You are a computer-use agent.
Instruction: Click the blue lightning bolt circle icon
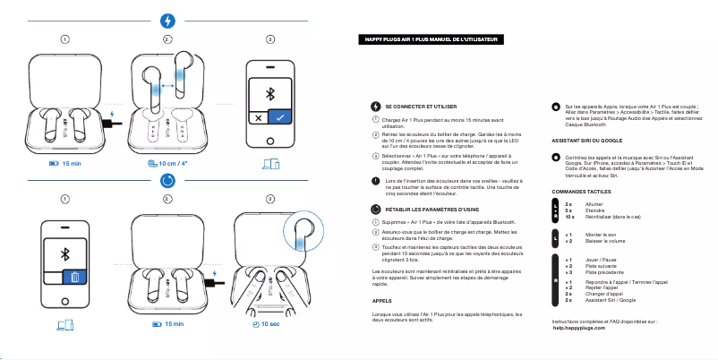click(167, 21)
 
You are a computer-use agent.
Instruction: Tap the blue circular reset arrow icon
click(167, 181)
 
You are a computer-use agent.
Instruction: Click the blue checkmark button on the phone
click(280, 118)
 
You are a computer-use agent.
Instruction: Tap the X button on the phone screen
click(258, 118)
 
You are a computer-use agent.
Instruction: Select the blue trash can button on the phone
click(75, 276)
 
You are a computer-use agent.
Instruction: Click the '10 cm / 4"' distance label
click(167, 164)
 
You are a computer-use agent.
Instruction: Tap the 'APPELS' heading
click(381, 302)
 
